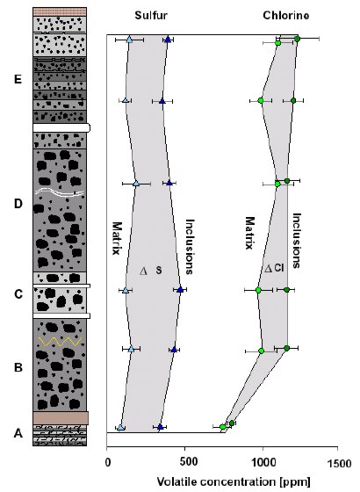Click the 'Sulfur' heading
(x=151, y=16)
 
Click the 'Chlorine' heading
(x=285, y=16)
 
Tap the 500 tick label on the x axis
(x=185, y=462)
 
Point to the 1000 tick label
(x=263, y=462)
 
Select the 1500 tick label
(x=339, y=463)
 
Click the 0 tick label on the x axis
(x=108, y=463)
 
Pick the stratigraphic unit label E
(x=18, y=79)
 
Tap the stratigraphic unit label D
(x=18, y=204)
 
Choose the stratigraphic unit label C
(x=18, y=294)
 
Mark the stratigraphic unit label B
(x=18, y=367)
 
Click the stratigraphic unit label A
(x=18, y=433)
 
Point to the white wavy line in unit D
(x=60, y=192)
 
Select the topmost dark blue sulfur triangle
(x=168, y=40)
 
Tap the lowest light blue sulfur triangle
(x=121, y=428)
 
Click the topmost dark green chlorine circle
(x=298, y=39)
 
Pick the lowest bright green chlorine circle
(x=223, y=427)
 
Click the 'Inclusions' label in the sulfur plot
(x=190, y=247)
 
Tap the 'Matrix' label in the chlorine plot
(x=249, y=233)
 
